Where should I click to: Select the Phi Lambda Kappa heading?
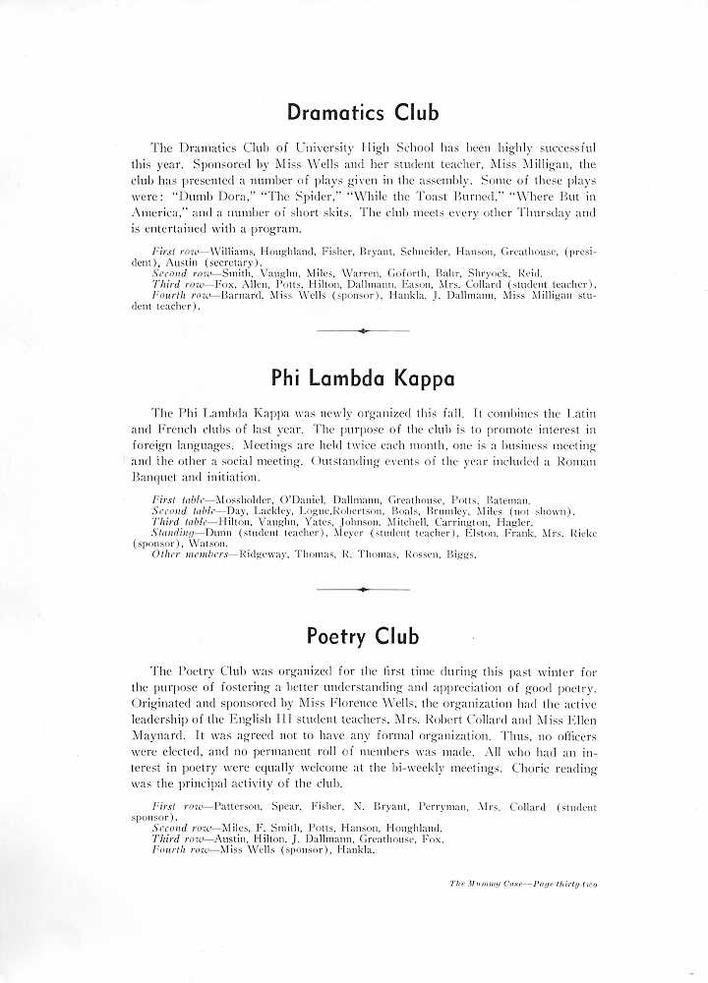(363, 378)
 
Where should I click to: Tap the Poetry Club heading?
(363, 635)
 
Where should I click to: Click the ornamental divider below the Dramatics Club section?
(363, 331)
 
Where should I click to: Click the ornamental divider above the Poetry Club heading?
(363, 589)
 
